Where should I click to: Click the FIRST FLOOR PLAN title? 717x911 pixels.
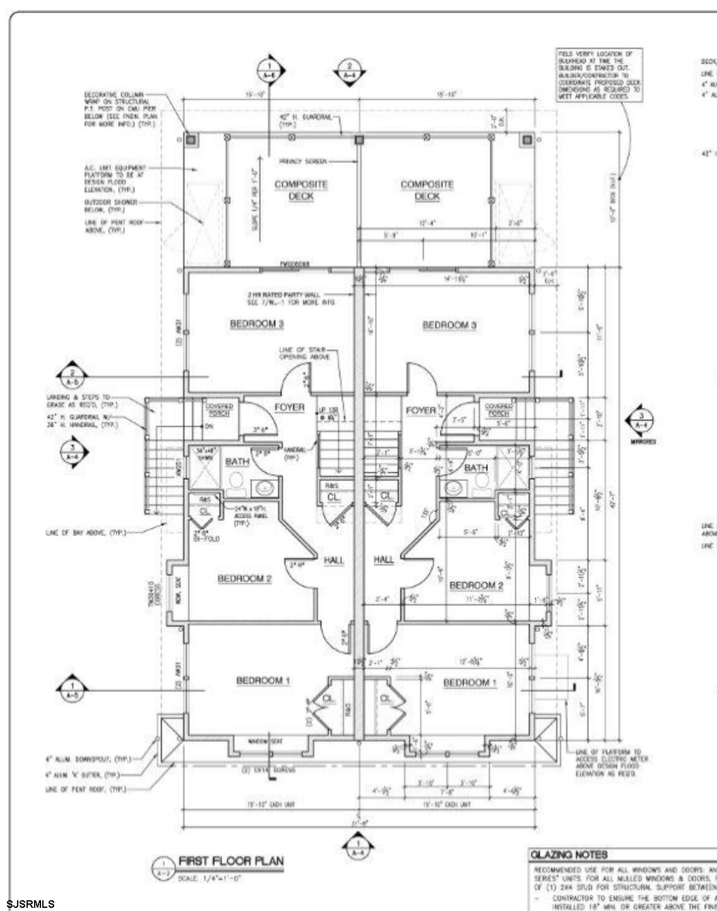point(231,860)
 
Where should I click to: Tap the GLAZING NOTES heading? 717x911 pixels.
point(569,854)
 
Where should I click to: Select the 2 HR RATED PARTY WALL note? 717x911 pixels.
point(292,298)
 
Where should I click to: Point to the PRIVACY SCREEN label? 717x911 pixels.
point(302,162)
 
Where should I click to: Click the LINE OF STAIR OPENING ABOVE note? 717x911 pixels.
point(302,354)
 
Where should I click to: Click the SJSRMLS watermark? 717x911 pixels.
point(31,904)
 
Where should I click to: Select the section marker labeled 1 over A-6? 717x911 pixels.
point(269,71)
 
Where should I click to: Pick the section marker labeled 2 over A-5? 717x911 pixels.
point(72,376)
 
